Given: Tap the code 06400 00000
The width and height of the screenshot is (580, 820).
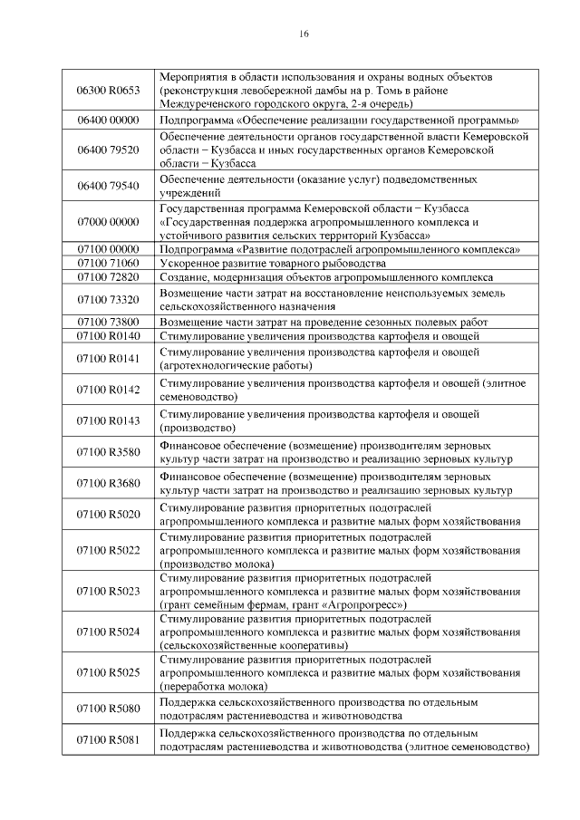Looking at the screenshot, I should (x=109, y=120).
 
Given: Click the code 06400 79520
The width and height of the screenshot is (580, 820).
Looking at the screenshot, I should (x=109, y=149).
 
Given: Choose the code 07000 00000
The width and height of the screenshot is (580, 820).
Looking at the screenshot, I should (x=109, y=221).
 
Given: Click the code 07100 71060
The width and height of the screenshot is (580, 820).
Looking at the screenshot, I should (x=109, y=263).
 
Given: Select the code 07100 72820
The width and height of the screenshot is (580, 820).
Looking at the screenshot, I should (x=109, y=277).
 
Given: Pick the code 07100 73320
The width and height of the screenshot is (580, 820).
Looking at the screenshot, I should (x=109, y=300).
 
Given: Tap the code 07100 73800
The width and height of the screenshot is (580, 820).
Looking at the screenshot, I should (x=109, y=322).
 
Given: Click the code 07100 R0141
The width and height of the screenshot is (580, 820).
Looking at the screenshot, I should (x=109, y=359).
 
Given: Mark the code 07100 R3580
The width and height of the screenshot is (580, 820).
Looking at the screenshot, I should (x=109, y=452).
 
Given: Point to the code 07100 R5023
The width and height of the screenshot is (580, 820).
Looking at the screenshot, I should (x=109, y=591).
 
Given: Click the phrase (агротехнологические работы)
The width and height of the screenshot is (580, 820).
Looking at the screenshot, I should (x=236, y=366).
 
